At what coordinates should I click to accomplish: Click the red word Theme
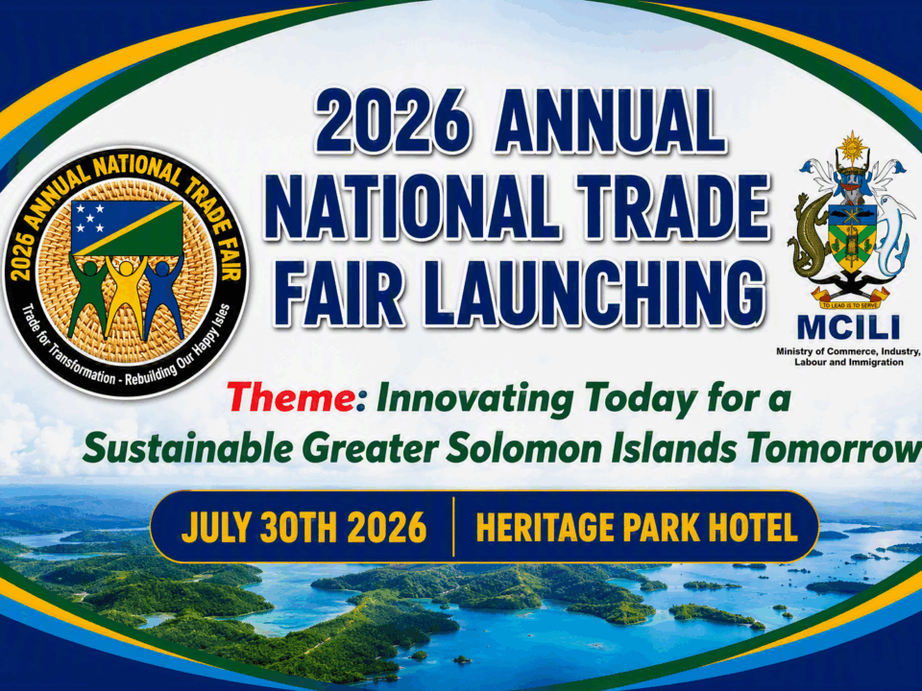[291, 396]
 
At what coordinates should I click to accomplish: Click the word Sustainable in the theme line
[188, 449]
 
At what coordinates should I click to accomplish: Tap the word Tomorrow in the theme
[834, 449]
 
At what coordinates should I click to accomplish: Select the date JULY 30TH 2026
[304, 527]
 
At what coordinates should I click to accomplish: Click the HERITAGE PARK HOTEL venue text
[637, 527]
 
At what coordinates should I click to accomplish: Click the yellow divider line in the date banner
[453, 527]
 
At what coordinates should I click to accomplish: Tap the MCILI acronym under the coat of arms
[848, 327]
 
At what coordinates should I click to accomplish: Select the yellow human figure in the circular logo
[126, 295]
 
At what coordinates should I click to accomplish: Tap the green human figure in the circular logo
[88, 296]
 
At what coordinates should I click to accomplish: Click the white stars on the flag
[88, 218]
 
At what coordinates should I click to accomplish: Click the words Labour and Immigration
[848, 362]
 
